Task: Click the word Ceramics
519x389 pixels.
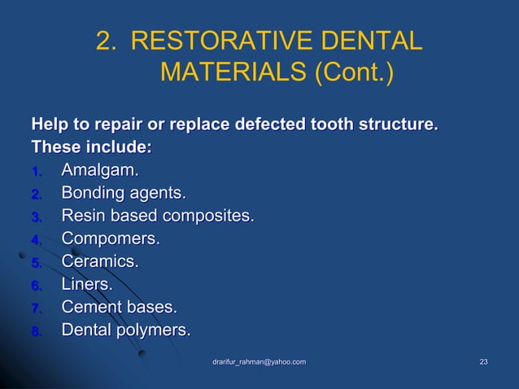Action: point(100,263)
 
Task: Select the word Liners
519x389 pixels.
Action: point(87,286)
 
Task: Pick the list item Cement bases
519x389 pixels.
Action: point(119,308)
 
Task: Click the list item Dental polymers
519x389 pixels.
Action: point(126,331)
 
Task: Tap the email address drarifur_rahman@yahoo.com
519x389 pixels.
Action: point(259,361)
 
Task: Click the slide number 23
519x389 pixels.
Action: point(483,361)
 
